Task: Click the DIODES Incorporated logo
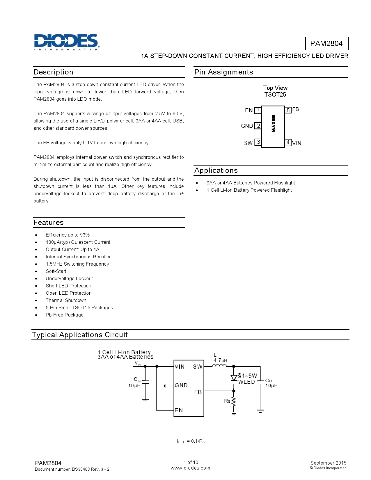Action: coord(67,42)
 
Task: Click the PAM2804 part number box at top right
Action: coord(326,44)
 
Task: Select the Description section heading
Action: coord(54,72)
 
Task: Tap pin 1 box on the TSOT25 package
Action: coord(258,110)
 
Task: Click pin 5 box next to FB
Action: coord(288,110)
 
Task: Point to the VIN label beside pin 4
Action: coord(297,143)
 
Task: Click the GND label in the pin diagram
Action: coord(247,126)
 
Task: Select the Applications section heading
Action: coord(216,170)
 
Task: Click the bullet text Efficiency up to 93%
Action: coord(68,235)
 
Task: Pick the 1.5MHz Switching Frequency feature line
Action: coord(77,264)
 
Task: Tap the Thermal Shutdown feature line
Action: coord(66,300)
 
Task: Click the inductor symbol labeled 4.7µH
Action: coord(219,366)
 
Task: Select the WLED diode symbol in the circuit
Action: coord(234,378)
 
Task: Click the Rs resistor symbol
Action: coord(234,401)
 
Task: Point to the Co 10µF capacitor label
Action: coord(271,383)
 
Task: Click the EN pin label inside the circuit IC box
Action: coord(179,410)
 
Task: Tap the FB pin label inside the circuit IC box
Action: coord(198,392)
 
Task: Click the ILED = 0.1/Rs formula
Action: coord(191,441)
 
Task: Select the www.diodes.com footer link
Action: coord(190,468)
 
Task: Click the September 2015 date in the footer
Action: coord(328,463)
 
